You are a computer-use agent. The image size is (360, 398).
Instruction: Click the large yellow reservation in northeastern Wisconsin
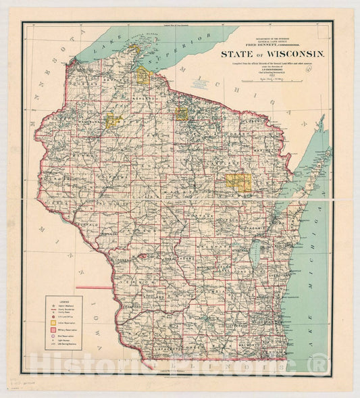238,181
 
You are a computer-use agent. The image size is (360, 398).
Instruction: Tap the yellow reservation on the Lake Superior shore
143,76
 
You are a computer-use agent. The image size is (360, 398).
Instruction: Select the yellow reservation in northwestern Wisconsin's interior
113,121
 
